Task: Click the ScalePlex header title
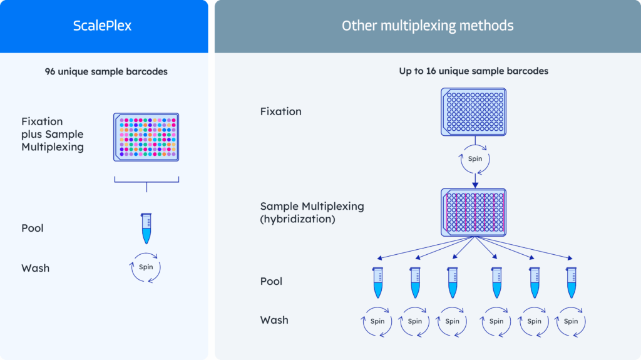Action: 103,26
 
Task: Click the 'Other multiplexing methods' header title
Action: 428,26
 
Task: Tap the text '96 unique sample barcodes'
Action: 106,71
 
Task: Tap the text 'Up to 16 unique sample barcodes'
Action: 474,71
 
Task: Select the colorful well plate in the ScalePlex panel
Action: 146,137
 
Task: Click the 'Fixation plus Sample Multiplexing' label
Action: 52,134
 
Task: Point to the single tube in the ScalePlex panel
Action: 146,228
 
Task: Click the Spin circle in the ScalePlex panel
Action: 146,268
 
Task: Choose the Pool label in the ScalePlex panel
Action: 33,228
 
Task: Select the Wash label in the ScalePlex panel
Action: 35,268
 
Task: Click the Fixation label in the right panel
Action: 280,111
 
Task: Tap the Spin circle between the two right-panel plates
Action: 475,159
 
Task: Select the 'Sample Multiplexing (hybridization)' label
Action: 312,212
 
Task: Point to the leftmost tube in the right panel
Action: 377,282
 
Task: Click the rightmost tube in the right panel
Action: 571,282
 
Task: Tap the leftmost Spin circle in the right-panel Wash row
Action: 377,321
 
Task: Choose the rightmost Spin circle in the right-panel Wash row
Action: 571,321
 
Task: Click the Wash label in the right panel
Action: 274,320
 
